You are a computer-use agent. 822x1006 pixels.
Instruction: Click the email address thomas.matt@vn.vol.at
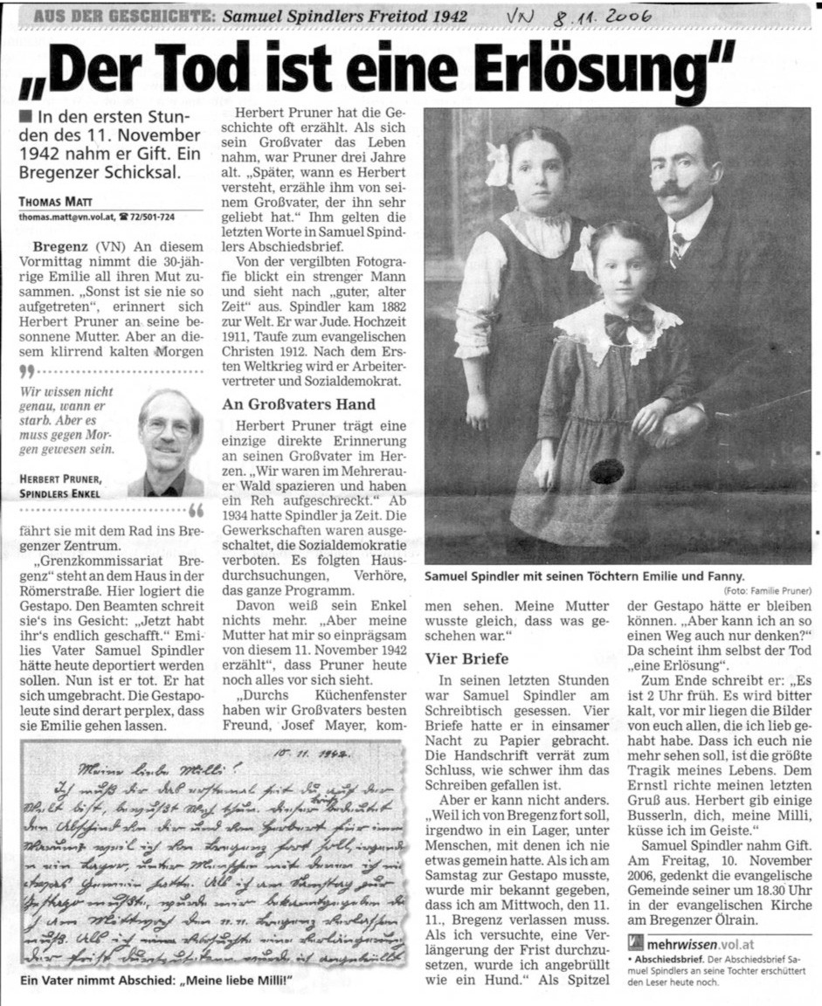click(66, 216)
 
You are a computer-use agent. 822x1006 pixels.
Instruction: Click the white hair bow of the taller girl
click(498, 164)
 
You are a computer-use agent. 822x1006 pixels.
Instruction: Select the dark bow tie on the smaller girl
click(629, 324)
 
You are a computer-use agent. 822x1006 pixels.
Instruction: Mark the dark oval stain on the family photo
click(606, 472)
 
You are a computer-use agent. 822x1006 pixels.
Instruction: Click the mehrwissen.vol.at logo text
click(695, 942)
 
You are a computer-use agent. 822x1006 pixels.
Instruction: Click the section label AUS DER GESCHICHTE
click(122, 16)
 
